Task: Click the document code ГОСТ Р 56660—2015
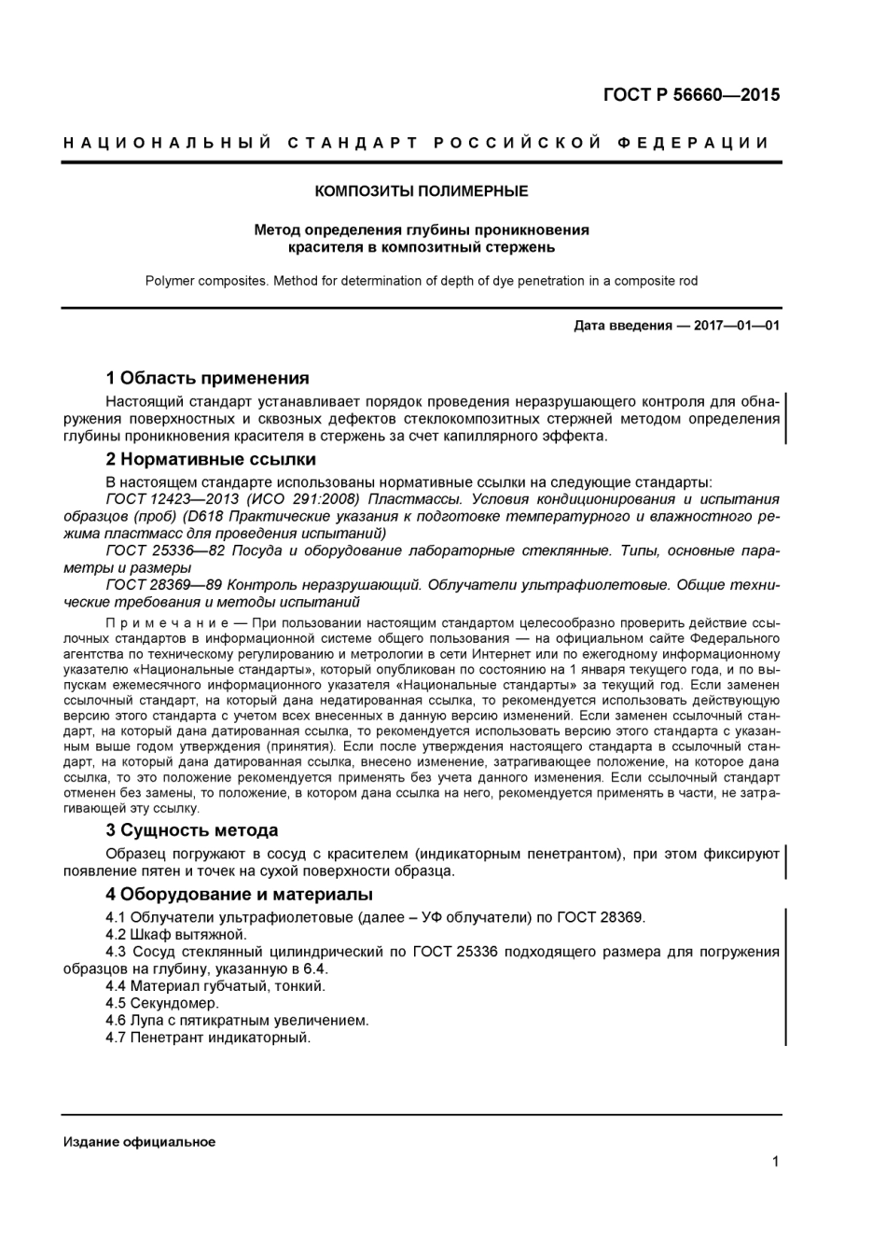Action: coord(691,94)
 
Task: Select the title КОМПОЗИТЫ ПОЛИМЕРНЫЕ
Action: coord(422,191)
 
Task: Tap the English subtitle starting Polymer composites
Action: coord(422,281)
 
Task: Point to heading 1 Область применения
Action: coord(207,378)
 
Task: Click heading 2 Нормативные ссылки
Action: coord(211,459)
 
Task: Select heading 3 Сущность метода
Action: coord(192,830)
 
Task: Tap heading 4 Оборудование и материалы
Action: coord(240,895)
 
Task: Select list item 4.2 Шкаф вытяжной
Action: coord(176,935)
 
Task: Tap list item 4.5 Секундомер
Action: coord(162,1003)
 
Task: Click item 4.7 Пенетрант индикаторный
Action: coord(208,1038)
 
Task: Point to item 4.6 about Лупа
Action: coord(237,1021)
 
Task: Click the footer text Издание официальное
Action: coord(139,1142)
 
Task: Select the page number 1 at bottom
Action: coord(775,1162)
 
